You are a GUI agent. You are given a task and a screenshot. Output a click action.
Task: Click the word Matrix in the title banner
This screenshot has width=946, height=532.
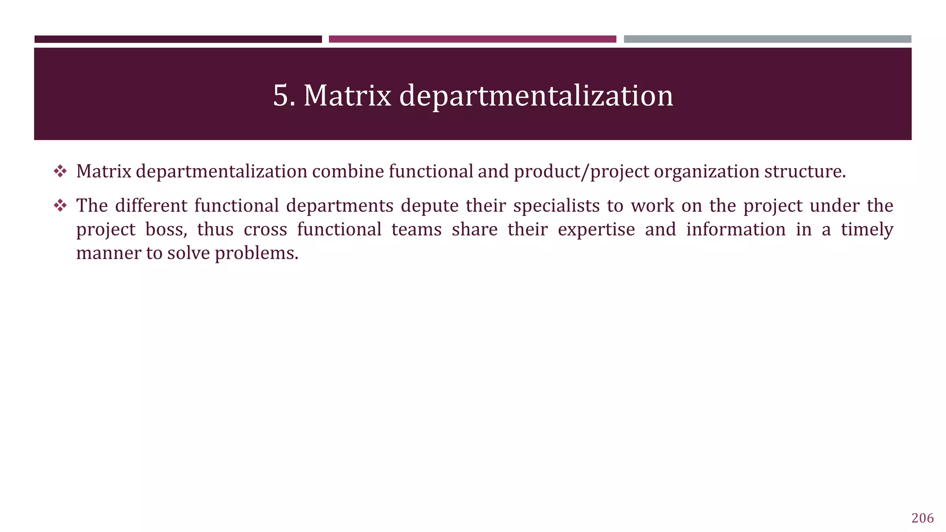tap(347, 96)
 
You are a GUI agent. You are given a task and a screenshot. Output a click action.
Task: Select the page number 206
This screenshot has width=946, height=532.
tap(922, 518)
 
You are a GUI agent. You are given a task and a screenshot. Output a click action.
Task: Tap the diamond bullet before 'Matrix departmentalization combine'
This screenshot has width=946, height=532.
tap(60, 172)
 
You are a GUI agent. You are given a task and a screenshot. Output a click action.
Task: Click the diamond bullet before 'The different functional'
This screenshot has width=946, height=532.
tap(60, 206)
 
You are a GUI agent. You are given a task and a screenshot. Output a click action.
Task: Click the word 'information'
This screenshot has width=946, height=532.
tap(735, 230)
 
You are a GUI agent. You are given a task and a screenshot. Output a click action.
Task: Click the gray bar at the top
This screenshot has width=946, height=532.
tap(767, 39)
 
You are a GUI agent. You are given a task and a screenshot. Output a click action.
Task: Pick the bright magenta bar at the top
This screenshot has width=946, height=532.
tap(472, 39)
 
